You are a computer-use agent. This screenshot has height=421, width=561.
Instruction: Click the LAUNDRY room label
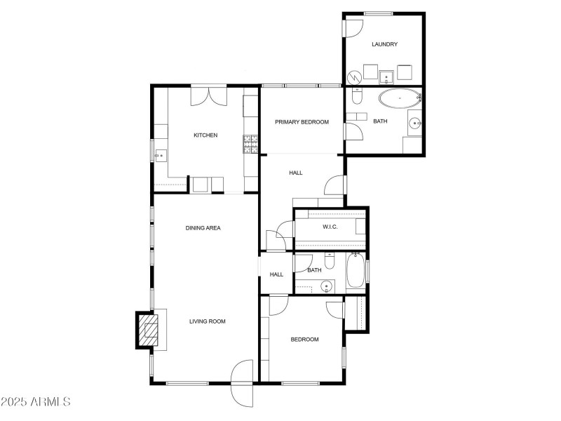tap(384, 44)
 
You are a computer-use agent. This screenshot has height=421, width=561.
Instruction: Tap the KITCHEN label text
tap(205, 135)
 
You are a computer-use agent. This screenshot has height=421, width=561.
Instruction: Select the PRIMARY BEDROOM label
tap(302, 122)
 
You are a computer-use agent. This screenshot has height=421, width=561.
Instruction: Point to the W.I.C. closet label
tap(331, 227)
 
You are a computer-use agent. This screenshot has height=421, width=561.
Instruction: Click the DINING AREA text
tap(203, 228)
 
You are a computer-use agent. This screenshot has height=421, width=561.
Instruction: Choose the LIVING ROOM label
tap(207, 321)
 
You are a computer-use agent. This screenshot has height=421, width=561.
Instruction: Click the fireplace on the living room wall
tap(149, 329)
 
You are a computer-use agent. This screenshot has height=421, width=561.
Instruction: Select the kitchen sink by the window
tap(161, 154)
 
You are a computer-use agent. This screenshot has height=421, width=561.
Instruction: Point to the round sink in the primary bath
tap(414, 125)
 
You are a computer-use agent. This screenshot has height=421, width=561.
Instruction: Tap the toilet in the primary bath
tap(357, 99)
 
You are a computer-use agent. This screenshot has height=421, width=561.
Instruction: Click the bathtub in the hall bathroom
tap(355, 272)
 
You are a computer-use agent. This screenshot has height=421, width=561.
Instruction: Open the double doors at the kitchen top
tap(208, 95)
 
